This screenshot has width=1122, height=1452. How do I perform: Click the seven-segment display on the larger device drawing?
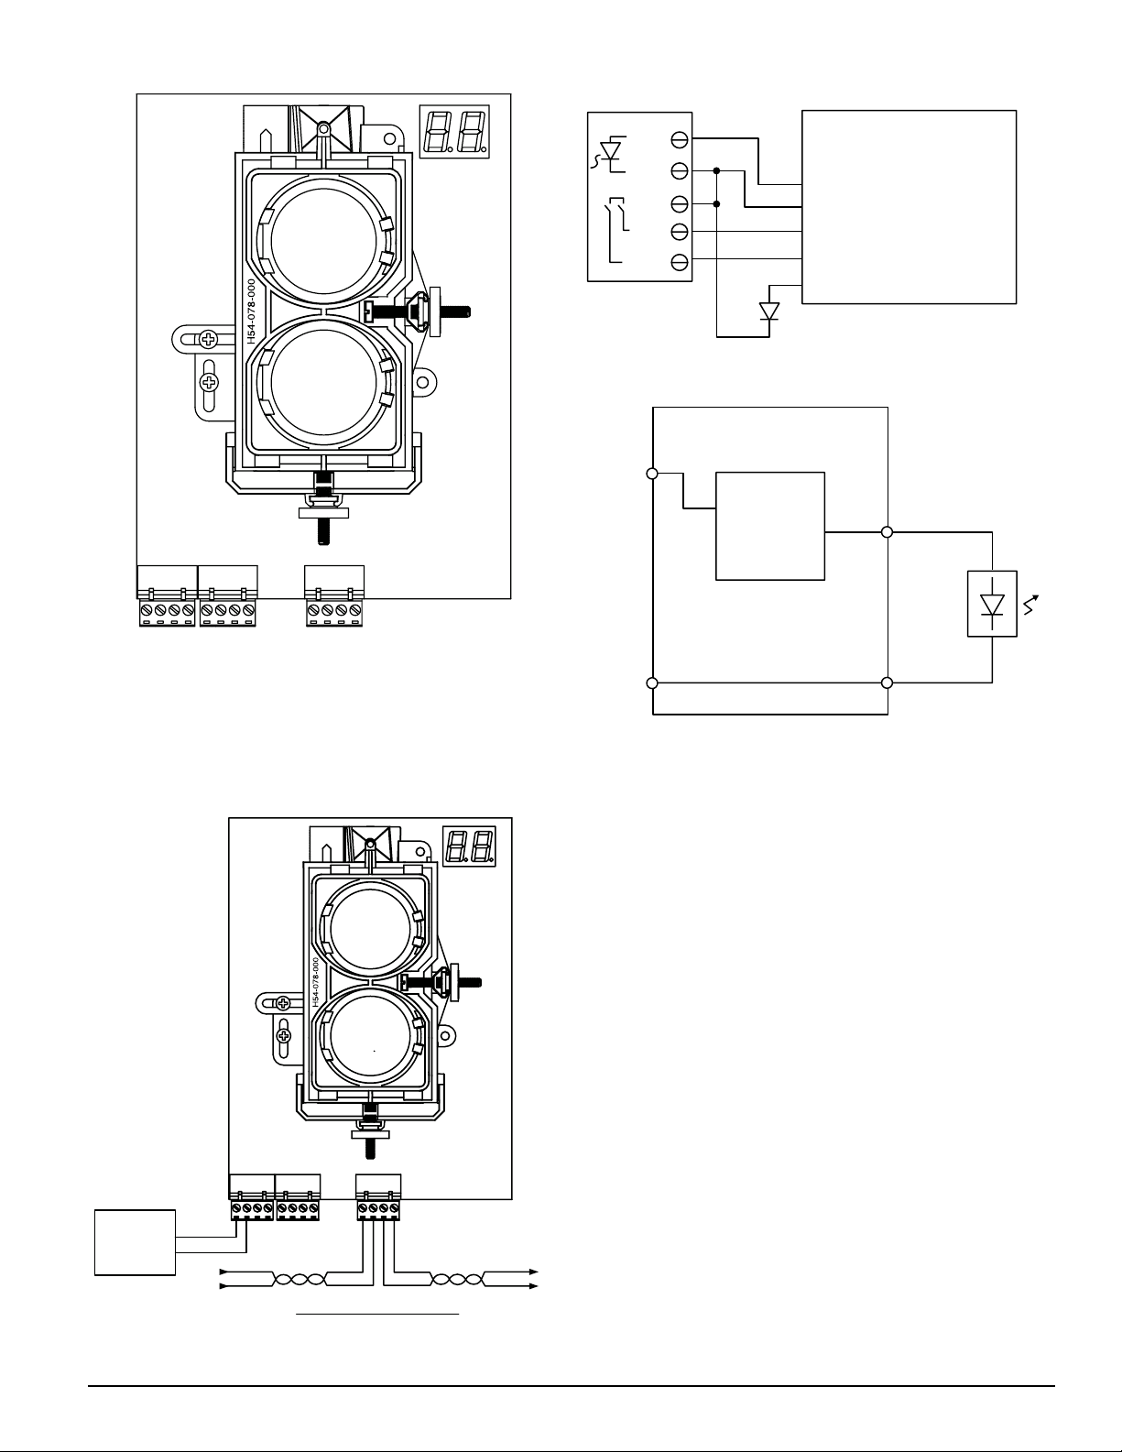coord(454,131)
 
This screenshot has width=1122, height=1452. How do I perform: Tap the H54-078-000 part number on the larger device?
coord(251,311)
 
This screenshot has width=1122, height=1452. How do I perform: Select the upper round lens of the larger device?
coord(324,240)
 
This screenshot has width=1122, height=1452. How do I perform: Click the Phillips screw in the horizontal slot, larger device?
coord(209,340)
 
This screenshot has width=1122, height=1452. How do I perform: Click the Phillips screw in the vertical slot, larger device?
coord(209,382)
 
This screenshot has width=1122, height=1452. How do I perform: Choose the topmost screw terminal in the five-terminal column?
coord(680,139)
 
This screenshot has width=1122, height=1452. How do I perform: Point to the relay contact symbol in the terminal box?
coord(615,229)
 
